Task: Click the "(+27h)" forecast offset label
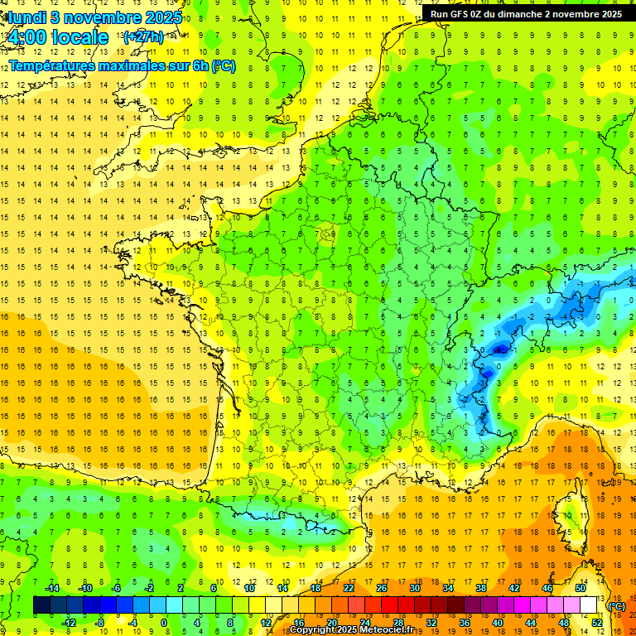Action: pos(142,36)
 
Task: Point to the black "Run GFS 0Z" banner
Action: pos(527,13)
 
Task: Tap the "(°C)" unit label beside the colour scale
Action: pos(616,605)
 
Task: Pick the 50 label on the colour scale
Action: pos(580,588)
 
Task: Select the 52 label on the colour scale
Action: pos(596,623)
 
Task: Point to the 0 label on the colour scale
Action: pos(164,623)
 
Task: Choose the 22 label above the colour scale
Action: pos(349,588)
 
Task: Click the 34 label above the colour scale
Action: pos(448,588)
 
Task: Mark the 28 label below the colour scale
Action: pos(397,623)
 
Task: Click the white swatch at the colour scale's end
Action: pos(588,605)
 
